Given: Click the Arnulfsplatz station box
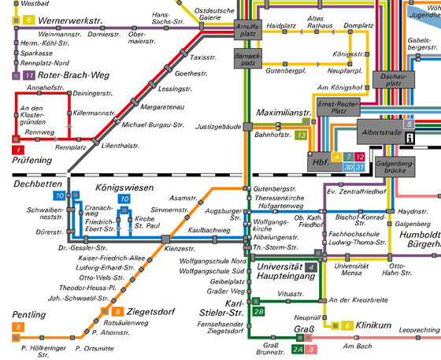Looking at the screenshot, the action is [x=248, y=30].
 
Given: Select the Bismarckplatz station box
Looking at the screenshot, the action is [x=248, y=58].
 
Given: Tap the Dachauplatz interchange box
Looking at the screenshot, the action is [x=394, y=80].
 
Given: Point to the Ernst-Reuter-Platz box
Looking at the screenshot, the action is [x=339, y=107].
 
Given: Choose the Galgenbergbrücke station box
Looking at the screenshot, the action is [x=395, y=167].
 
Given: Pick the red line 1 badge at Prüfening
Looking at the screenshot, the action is [x=18, y=150].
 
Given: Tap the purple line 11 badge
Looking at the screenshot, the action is [x=29, y=75].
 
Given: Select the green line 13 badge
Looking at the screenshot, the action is [x=301, y=135].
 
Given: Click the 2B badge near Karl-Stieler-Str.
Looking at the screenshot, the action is [x=258, y=312].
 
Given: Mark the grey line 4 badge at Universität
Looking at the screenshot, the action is [x=311, y=267].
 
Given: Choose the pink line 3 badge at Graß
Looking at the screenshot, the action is [x=311, y=349].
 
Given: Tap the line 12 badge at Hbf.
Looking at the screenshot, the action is [x=359, y=157].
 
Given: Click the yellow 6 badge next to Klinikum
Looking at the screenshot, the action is [x=347, y=325].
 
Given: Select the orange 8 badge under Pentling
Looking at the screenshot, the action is [x=18, y=327].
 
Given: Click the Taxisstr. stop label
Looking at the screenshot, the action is [x=203, y=58].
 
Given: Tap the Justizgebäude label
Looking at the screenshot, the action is [x=218, y=127].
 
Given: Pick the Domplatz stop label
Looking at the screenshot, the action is [x=358, y=25].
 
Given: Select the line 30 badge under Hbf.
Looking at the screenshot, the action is [x=348, y=167].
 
